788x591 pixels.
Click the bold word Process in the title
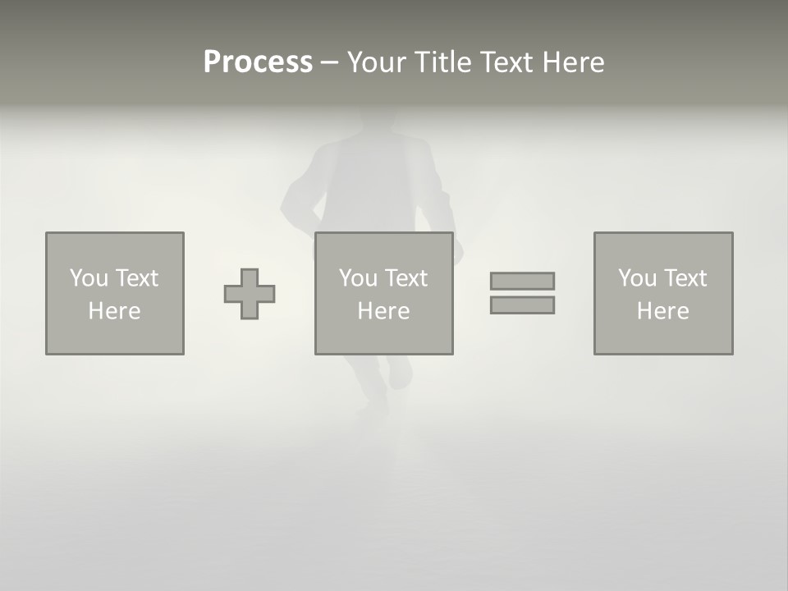point(258,62)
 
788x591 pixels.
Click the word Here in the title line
point(575,62)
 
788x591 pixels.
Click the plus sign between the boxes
point(250,294)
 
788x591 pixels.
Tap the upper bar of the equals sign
point(522,281)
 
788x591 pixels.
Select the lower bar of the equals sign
point(522,305)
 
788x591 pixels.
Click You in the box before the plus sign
point(89,278)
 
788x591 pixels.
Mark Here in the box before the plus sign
point(114,311)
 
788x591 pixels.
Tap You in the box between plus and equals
point(358,278)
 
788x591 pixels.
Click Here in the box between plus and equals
point(383,311)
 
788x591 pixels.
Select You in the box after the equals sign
point(637,278)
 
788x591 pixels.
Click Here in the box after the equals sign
point(662,311)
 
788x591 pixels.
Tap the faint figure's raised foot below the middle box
point(400,373)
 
